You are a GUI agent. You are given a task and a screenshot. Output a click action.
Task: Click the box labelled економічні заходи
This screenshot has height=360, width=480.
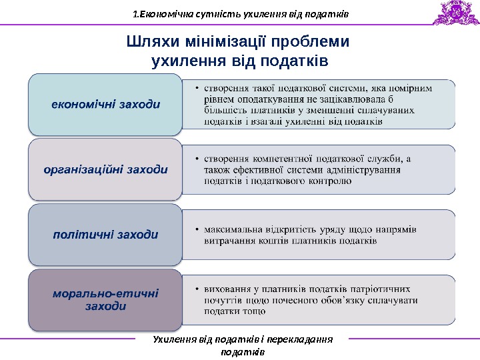(105, 104)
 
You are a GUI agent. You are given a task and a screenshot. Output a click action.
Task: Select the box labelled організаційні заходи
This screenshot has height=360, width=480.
(105, 169)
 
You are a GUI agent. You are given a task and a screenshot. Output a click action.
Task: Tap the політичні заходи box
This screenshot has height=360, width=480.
(105, 235)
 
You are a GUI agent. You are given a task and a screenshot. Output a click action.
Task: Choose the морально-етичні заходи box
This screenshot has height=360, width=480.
(105, 299)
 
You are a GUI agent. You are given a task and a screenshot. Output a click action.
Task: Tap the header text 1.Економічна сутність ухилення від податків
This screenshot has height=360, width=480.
(241, 13)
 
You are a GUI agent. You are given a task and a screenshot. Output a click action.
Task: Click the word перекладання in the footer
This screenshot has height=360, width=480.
(301, 340)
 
